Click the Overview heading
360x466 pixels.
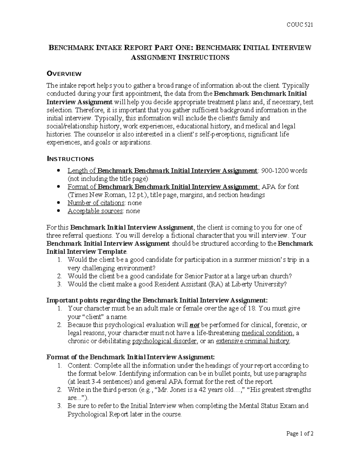(64, 74)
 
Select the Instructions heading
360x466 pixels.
(70, 159)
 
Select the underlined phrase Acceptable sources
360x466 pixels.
(95, 211)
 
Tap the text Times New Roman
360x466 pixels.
(94, 195)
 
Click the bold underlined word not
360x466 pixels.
(195, 325)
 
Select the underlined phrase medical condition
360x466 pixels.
(267, 333)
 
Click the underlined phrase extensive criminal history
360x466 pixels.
(253, 341)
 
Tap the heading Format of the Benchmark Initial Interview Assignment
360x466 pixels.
(130, 357)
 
